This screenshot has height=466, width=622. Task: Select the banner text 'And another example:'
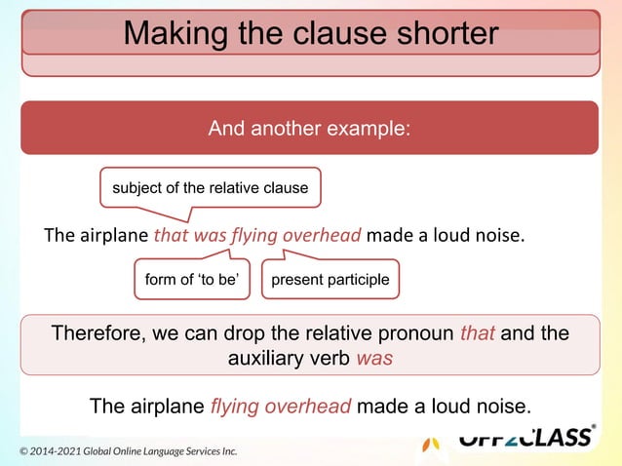(x=310, y=128)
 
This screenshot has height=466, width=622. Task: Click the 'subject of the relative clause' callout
(x=211, y=187)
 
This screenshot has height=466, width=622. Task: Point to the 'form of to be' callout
(x=192, y=280)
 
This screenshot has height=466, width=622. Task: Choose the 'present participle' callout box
(x=330, y=280)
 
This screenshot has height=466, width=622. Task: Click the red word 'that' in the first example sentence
(x=172, y=235)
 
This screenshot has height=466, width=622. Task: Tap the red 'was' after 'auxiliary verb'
(x=374, y=358)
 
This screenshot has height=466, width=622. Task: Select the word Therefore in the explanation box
(x=96, y=334)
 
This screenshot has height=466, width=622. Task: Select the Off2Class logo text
(x=525, y=438)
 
